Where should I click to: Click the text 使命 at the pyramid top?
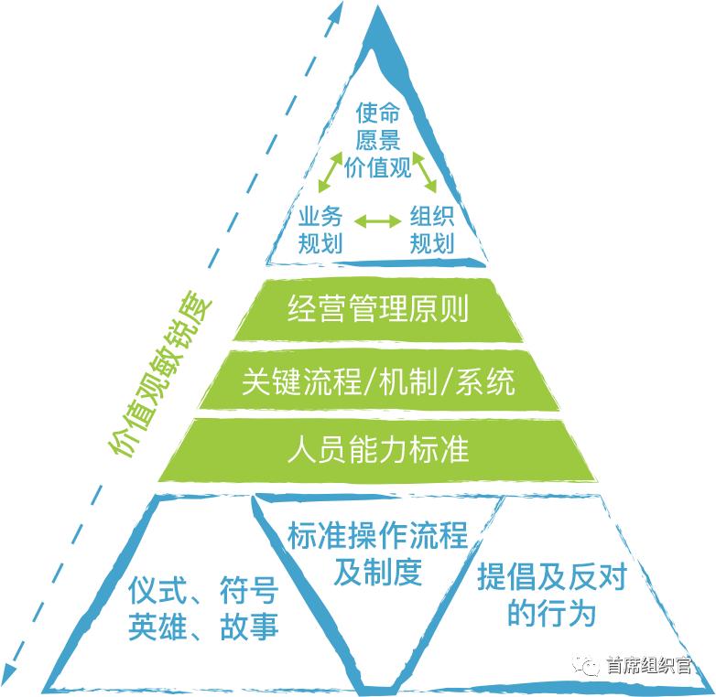(x=377, y=113)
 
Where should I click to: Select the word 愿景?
(x=377, y=140)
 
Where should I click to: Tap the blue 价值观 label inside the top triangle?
(x=377, y=167)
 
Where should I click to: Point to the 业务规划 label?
(x=320, y=230)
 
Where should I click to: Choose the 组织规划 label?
(x=431, y=230)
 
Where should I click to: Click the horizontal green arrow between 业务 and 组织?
(x=377, y=220)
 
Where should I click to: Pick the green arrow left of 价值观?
(x=331, y=172)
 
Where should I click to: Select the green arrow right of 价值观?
(x=425, y=172)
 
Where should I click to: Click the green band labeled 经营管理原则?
(x=377, y=309)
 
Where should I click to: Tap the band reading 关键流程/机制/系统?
(x=378, y=381)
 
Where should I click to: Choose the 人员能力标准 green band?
(x=377, y=449)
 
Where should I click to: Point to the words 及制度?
(x=377, y=572)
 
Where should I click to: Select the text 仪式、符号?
(x=203, y=590)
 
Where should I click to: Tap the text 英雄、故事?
(x=203, y=627)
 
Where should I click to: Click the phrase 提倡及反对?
(x=552, y=576)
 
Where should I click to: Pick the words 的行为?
(x=552, y=613)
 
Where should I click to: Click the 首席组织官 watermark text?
(x=649, y=665)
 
